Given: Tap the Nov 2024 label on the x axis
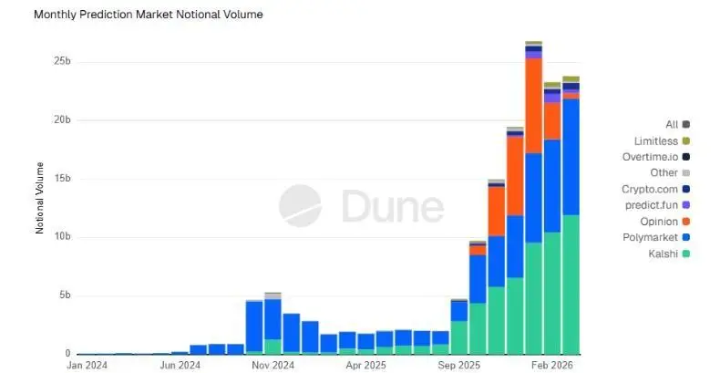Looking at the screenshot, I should click(x=273, y=364).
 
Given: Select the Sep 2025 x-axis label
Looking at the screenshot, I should click(x=459, y=364).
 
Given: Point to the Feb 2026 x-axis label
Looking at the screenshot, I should click(x=553, y=364).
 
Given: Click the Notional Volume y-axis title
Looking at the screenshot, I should click(x=39, y=198).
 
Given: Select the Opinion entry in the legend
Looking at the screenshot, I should click(x=658, y=221).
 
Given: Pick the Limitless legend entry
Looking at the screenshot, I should click(x=655, y=140).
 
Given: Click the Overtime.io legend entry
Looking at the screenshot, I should click(x=650, y=156).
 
